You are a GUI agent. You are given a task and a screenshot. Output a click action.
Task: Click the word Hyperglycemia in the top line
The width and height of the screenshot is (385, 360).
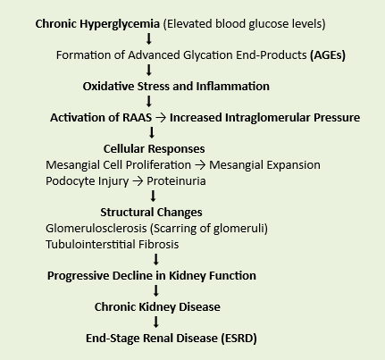point(120,24)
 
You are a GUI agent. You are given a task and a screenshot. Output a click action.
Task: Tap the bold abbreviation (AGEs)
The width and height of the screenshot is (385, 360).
point(328,55)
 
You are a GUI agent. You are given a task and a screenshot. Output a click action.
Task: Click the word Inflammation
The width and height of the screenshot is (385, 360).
point(232,87)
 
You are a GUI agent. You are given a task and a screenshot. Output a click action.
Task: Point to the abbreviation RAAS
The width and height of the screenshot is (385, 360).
point(138,118)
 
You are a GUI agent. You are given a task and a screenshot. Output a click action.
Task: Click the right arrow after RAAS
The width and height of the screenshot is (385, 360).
point(161,118)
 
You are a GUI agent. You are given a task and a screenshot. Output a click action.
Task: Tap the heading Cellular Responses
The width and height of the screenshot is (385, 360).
point(154,149)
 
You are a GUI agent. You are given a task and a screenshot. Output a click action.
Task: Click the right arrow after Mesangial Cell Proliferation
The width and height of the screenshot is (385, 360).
point(200,165)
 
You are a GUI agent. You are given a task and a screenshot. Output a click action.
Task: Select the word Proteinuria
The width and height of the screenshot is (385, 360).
point(176,181)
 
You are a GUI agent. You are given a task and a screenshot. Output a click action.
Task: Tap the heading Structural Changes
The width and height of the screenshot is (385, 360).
point(151,213)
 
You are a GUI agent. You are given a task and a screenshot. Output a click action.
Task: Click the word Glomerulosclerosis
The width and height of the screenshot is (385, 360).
point(96,229)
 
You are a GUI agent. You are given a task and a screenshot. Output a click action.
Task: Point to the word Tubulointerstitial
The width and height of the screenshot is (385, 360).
point(90,245)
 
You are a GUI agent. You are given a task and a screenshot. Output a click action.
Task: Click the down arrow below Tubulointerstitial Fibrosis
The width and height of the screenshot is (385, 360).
point(156,259)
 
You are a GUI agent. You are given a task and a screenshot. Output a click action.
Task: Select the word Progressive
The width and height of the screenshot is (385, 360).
point(78,276)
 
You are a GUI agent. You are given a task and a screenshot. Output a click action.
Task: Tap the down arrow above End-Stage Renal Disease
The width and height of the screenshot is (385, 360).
point(156,322)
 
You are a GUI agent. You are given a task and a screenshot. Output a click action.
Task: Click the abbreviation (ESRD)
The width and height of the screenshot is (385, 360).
point(239,339)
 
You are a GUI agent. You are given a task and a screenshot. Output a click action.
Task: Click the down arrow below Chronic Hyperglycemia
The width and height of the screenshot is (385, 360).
point(149,39)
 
